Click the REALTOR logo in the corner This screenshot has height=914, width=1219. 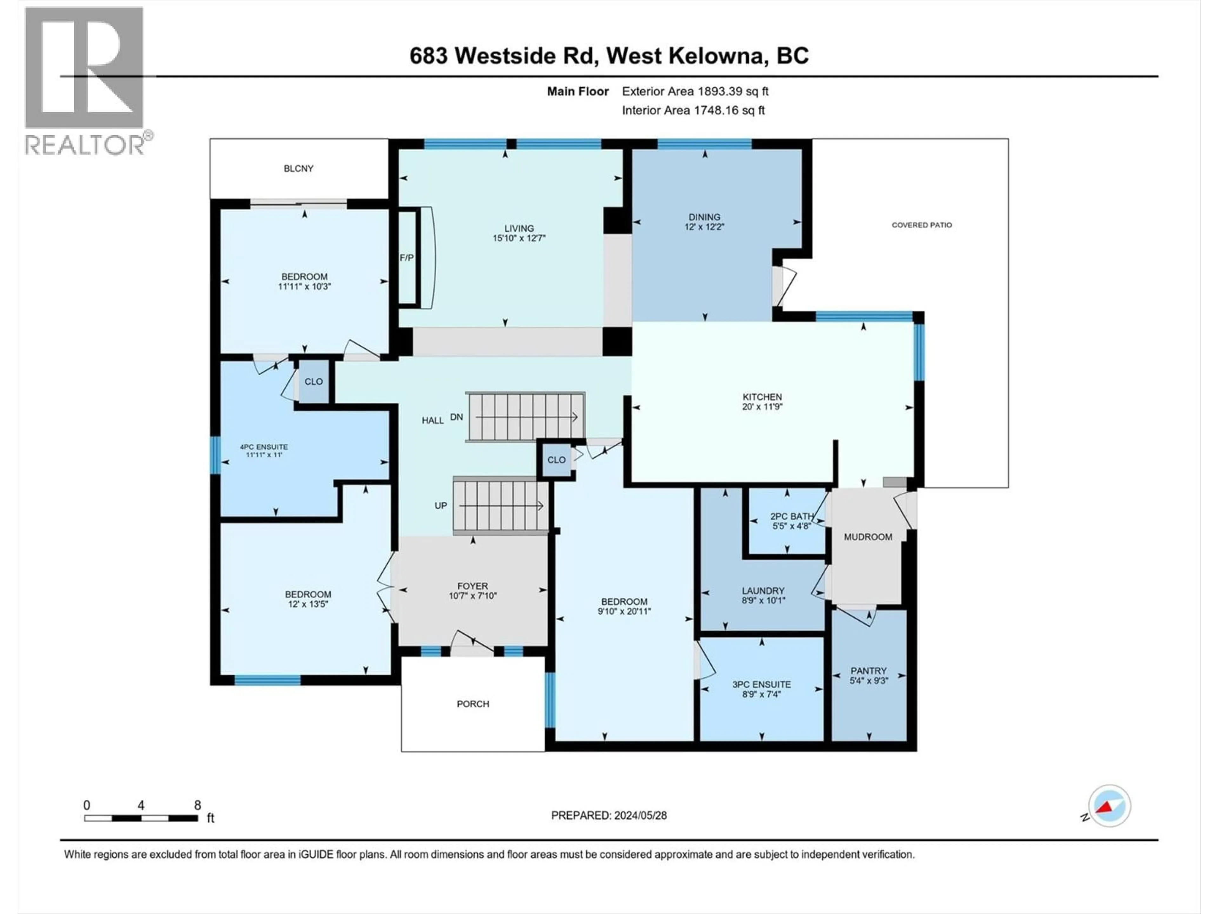click(x=85, y=80)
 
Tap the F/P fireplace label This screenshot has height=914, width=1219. click(x=407, y=258)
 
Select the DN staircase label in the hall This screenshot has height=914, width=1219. click(x=456, y=417)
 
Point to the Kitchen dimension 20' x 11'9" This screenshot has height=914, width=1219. click(x=762, y=407)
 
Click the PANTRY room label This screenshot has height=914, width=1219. click(x=869, y=671)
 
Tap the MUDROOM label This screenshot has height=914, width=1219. click(x=868, y=537)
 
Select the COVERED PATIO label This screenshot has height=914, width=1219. click(x=922, y=225)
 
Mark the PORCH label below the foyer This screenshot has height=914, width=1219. click(x=473, y=704)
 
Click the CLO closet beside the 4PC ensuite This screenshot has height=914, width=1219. click(x=314, y=381)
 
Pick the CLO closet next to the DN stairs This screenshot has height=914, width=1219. click(x=556, y=460)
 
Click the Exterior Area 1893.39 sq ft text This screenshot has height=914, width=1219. click(x=695, y=91)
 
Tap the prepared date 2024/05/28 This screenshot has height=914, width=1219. click(x=609, y=815)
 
